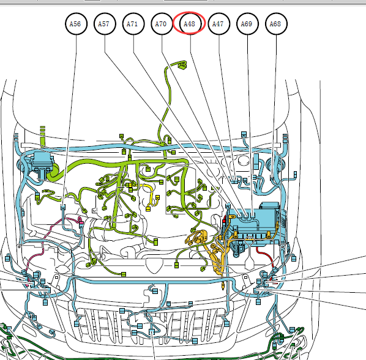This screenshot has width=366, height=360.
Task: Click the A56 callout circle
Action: click(x=76, y=24)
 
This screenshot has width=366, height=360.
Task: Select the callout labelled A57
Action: click(x=105, y=24)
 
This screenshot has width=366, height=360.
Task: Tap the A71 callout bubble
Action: click(x=133, y=24)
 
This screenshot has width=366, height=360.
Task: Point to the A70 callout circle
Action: click(x=162, y=24)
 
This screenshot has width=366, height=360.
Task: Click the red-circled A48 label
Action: click(x=189, y=24)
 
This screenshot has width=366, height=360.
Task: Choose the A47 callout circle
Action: click(x=219, y=24)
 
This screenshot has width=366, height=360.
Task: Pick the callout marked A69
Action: click(x=247, y=24)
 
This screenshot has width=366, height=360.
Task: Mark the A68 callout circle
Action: click(x=277, y=24)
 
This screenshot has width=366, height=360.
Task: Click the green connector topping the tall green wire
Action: click(x=182, y=65)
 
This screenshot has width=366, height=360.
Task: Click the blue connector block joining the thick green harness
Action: click(x=42, y=165)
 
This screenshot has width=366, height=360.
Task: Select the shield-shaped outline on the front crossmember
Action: click(x=154, y=265)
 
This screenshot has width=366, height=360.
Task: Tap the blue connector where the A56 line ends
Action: click(x=63, y=207)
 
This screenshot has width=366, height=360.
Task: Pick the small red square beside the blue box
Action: click(x=224, y=219)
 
